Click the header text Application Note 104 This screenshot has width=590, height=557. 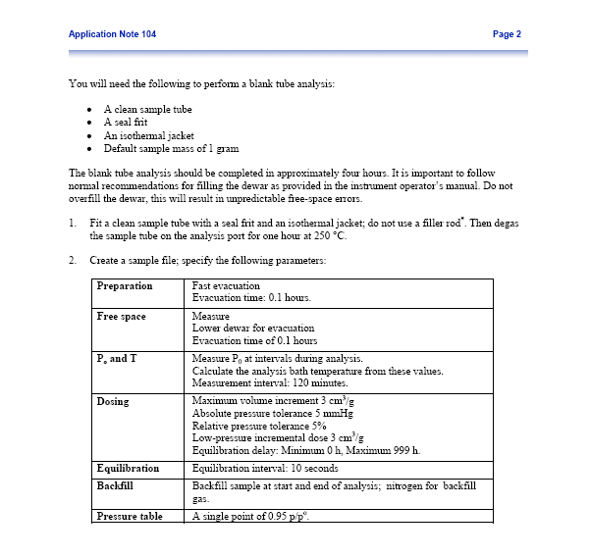pos(112,34)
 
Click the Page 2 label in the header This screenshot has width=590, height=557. pos(506,34)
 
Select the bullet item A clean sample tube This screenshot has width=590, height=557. pos(148,109)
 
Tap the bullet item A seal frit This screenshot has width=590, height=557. pos(132,122)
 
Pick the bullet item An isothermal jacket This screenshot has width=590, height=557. pos(148,135)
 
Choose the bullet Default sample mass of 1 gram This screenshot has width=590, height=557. pos(171,148)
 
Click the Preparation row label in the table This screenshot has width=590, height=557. pos(125,286)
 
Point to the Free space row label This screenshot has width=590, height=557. pos(121,317)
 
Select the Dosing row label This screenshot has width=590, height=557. pos(114,402)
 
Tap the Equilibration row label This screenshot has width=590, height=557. pos(128,468)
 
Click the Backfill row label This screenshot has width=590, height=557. pos(115,485)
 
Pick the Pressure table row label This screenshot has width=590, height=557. pos(130,516)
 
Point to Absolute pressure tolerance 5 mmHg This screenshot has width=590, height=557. pos(272,414)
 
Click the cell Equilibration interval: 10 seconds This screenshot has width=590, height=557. pos(265,468)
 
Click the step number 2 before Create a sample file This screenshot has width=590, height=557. pos(74,261)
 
